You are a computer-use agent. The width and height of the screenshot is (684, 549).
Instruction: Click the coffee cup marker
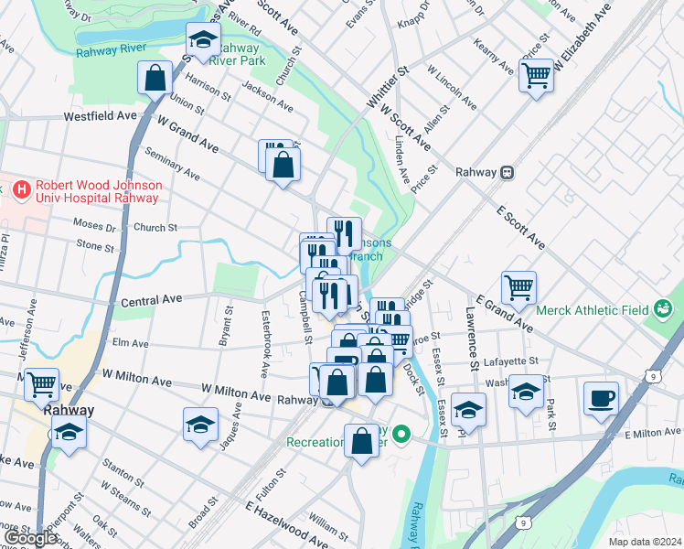click(x=601, y=398)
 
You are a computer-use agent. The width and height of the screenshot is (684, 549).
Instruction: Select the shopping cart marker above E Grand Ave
click(x=518, y=287)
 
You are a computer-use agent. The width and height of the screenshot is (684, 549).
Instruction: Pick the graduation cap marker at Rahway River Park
click(x=203, y=39)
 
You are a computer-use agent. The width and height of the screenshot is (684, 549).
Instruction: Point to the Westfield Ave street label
click(x=100, y=117)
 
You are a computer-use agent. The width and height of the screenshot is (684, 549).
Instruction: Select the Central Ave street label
click(x=152, y=299)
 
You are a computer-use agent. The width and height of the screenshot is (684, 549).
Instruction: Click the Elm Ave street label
click(x=130, y=344)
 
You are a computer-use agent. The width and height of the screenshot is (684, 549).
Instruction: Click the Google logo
click(x=31, y=538)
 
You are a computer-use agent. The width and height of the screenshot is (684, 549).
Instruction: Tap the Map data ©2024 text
click(x=645, y=542)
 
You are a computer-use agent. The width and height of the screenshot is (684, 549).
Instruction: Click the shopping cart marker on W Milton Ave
click(x=41, y=384)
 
